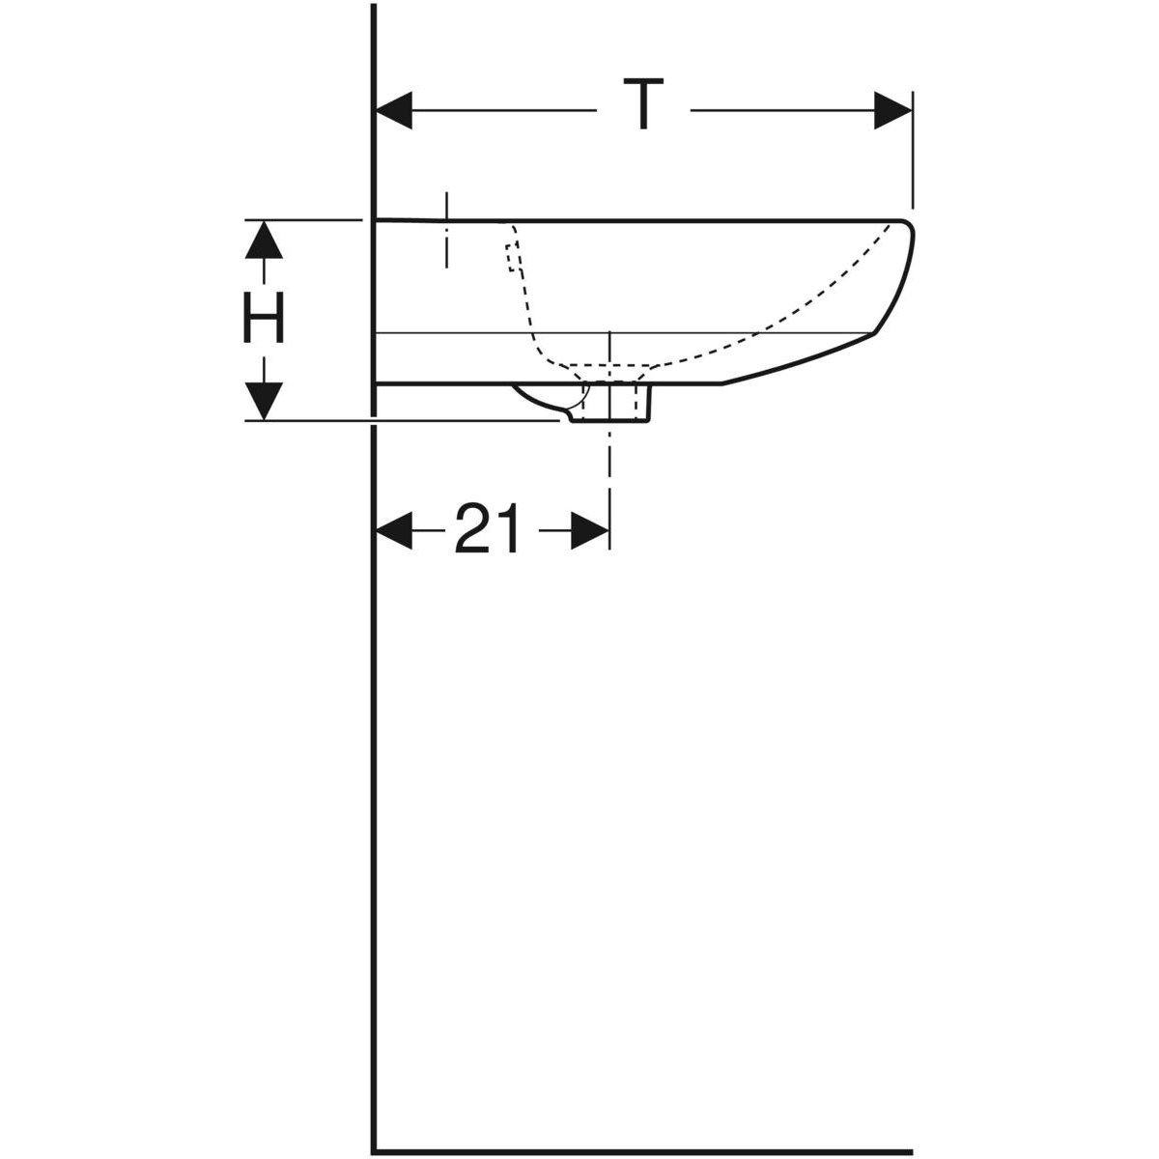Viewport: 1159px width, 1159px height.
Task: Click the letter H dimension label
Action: tap(263, 319)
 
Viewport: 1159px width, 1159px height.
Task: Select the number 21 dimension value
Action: tap(488, 529)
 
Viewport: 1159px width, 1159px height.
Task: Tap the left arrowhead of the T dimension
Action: tap(394, 110)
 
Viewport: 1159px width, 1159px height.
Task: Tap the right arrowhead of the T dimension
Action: tap(892, 110)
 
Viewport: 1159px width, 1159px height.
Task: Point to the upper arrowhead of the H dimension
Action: tap(263, 240)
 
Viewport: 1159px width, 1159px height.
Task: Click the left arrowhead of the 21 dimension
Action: tap(394, 530)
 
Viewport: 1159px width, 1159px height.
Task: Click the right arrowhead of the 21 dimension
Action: tap(589, 530)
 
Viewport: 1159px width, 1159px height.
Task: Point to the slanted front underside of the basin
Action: tap(802, 360)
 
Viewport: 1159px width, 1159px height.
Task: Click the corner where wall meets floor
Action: tap(374, 1150)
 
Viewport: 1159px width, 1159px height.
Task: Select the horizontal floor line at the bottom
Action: tap(637, 1150)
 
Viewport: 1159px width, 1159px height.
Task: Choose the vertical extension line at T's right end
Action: tap(912, 155)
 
